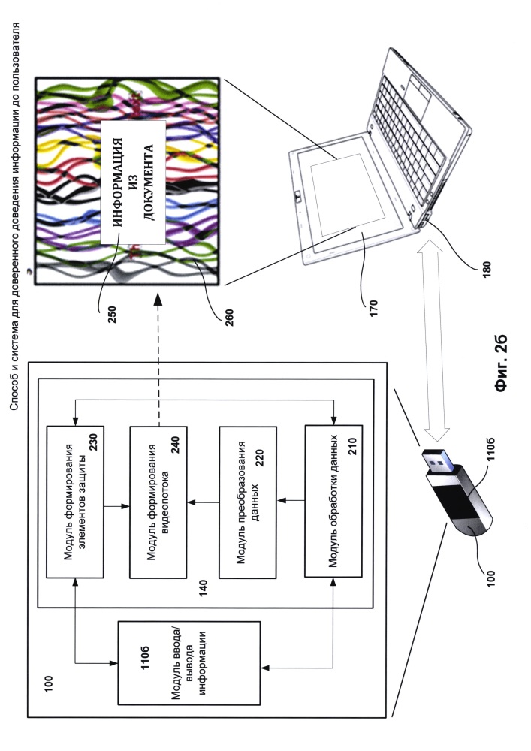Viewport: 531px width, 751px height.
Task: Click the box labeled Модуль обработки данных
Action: coord(333,501)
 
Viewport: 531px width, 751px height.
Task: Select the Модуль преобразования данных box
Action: coord(248,502)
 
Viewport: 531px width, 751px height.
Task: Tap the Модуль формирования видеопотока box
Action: coord(158,502)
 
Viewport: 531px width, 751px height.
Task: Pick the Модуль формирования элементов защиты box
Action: coord(74,502)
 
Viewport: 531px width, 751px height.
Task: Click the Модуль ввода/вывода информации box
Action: coord(189,663)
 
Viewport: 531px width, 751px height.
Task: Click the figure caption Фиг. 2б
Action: coord(501,364)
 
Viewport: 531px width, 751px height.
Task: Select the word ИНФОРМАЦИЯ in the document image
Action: coord(117,182)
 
